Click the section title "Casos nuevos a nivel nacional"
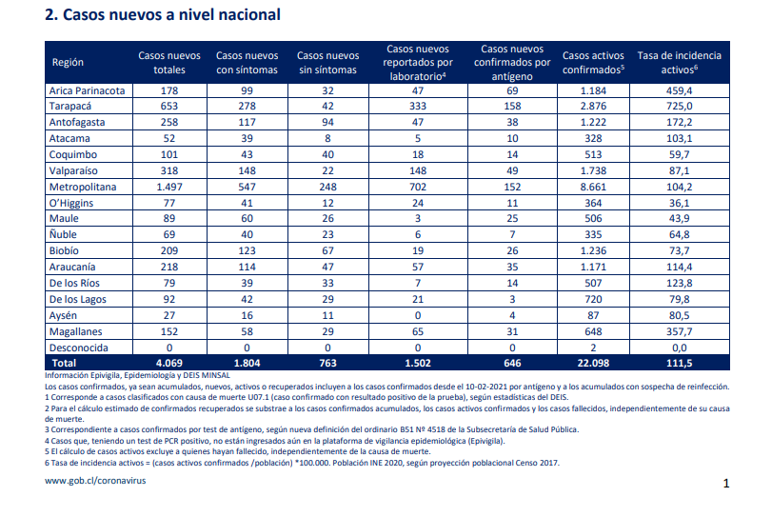coord(171,15)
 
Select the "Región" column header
coord(68,63)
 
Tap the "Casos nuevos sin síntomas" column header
coord(327,63)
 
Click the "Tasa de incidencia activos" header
coord(680,63)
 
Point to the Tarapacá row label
coord(70,107)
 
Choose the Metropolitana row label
coord(83,188)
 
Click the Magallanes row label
coord(76,332)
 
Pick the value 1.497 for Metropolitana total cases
coord(169,188)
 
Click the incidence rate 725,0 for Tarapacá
coord(680,107)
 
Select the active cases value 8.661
coord(593,188)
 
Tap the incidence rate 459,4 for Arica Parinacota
coord(680,90)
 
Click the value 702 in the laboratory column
coord(418,188)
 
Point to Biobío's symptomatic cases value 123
coord(247,250)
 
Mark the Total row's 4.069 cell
coord(169,364)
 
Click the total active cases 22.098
coord(593,364)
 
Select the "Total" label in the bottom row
coord(65,364)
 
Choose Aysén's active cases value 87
coord(593,315)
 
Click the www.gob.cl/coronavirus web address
coord(95,481)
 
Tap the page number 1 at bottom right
coord(725,484)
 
